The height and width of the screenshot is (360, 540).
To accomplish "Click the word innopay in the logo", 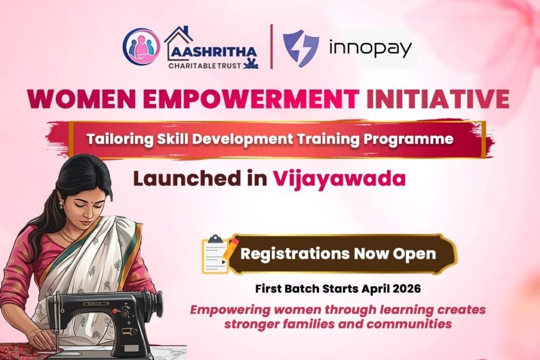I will (370, 49).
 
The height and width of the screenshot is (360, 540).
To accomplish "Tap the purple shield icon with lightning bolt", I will (301, 48).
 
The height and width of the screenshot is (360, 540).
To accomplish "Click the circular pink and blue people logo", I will (141, 47).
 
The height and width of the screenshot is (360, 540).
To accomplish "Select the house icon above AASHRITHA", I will (179, 38).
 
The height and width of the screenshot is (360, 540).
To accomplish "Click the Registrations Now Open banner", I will (338, 254).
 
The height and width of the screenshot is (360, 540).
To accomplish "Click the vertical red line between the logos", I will (271, 46).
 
